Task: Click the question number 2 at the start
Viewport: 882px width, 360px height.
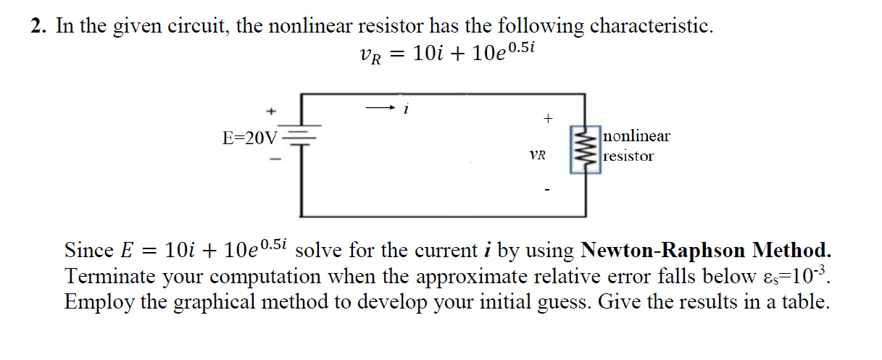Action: [37, 27]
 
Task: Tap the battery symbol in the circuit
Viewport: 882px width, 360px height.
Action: [301, 137]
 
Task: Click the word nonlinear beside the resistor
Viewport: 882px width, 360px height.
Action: [636, 136]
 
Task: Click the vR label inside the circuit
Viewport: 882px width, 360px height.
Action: [538, 155]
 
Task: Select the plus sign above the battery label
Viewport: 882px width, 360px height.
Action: [271, 112]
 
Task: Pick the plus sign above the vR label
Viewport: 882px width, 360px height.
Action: [548, 117]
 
